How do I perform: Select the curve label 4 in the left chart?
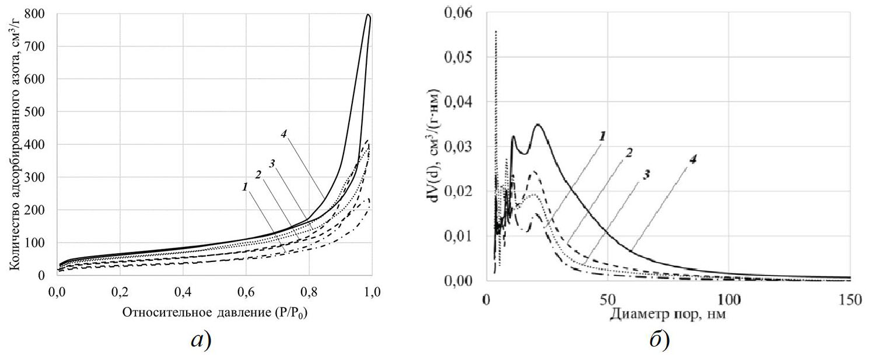(x=283, y=133)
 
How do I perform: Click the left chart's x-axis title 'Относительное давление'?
(x=215, y=312)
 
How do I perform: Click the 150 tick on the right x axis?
(x=849, y=299)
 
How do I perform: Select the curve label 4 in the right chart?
(x=693, y=159)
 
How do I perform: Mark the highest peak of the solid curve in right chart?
(x=538, y=124)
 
